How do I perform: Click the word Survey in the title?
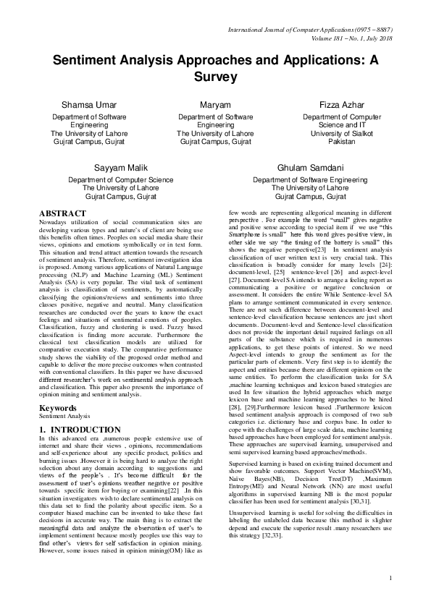coord(215,75)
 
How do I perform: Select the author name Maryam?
coord(215,106)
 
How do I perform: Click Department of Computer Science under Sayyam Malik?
coord(121,179)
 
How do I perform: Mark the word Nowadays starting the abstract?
coord(54,222)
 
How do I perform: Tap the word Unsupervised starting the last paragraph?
coord(248,493)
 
